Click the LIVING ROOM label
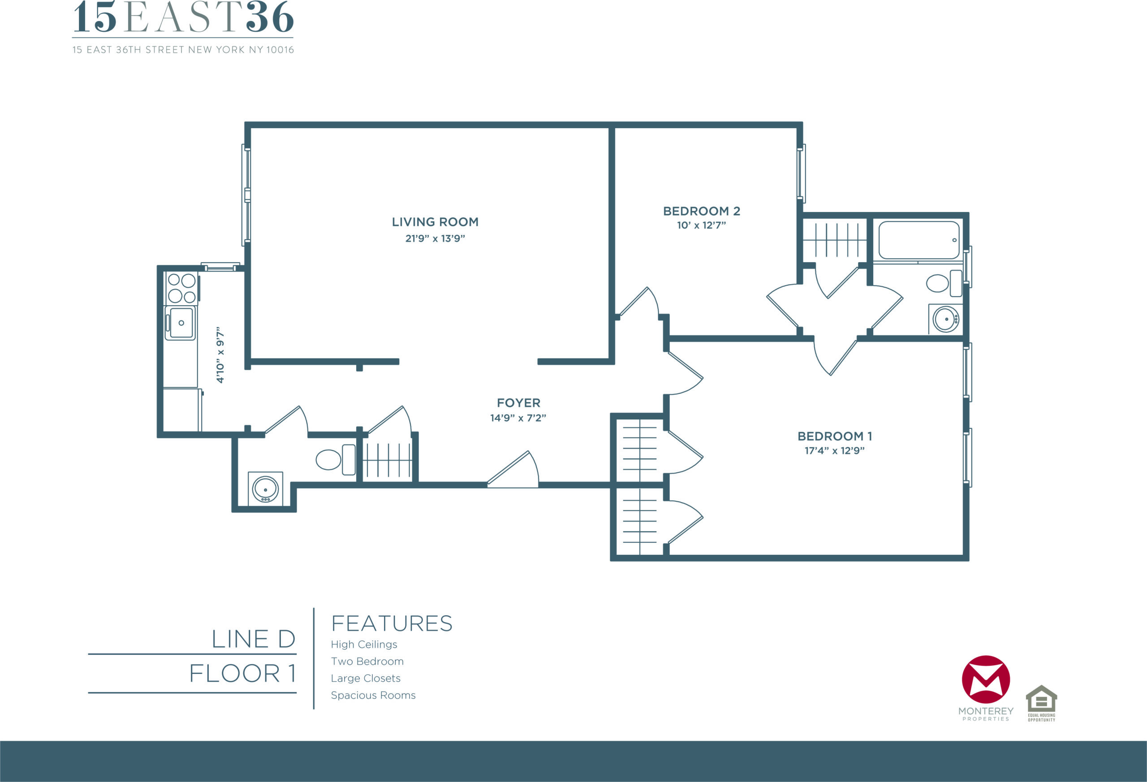435,222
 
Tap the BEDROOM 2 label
701,212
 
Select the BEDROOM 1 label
835,436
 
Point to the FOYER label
518,403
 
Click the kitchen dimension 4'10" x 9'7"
220,354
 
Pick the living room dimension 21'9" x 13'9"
435,238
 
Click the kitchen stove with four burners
181,288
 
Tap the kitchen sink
181,323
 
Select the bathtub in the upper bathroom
919,240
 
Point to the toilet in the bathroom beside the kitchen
336,460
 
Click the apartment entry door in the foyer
513,470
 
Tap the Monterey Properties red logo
986,679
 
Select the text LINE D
253,639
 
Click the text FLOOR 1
242,674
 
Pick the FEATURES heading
392,623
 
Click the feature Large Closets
366,678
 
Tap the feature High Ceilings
364,645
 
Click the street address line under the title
183,50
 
